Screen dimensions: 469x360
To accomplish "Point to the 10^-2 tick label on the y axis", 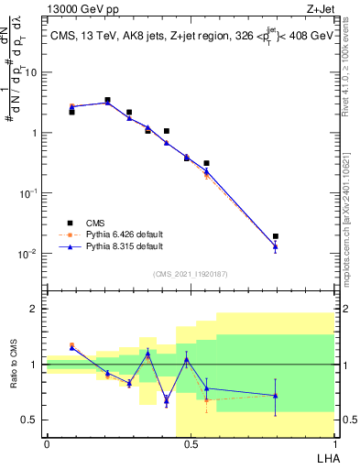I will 29,254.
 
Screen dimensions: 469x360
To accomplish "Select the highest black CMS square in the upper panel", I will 107,100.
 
